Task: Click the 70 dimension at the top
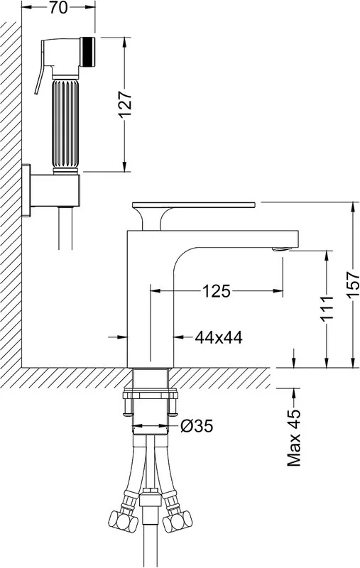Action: coord(58,8)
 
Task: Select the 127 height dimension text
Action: coord(125,104)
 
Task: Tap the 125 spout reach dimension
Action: coord(217,291)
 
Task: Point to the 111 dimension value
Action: coord(327,308)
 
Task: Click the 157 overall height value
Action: coord(353,285)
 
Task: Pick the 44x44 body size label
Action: coord(219,338)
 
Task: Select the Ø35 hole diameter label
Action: coord(197,426)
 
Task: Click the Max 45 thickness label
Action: coord(294,437)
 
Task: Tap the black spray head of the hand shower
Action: coord(87,52)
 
